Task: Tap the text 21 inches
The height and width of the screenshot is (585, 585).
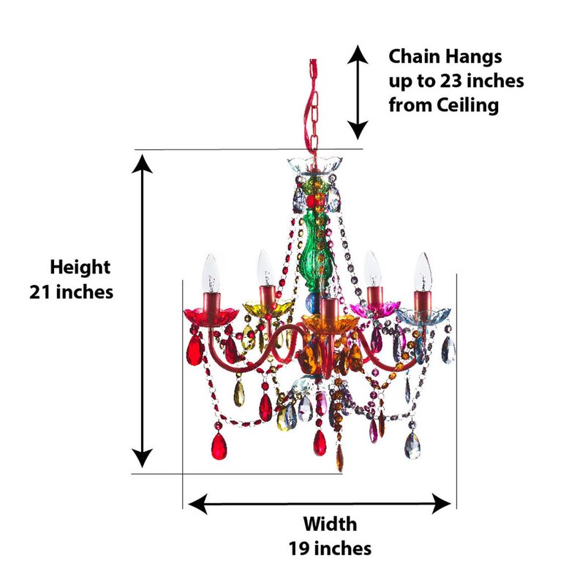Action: (72, 291)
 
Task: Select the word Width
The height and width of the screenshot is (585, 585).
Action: (330, 524)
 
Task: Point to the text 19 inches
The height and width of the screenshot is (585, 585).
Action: (330, 548)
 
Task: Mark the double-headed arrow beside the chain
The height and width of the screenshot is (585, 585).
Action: (357, 91)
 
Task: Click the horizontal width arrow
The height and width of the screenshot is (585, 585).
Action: (320, 502)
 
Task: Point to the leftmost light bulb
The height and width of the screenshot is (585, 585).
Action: (211, 272)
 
